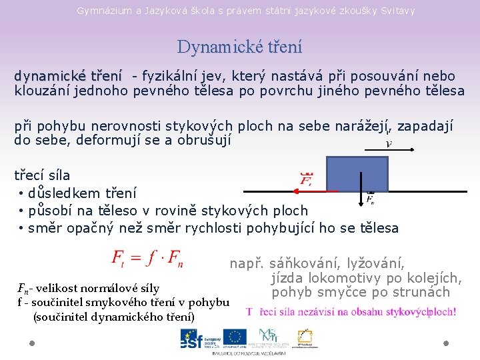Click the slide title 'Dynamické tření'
tap(239, 47)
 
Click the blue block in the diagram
tap(357, 175)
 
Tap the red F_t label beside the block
tap(307, 179)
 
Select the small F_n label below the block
tap(371, 199)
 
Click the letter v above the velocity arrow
tap(389, 143)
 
